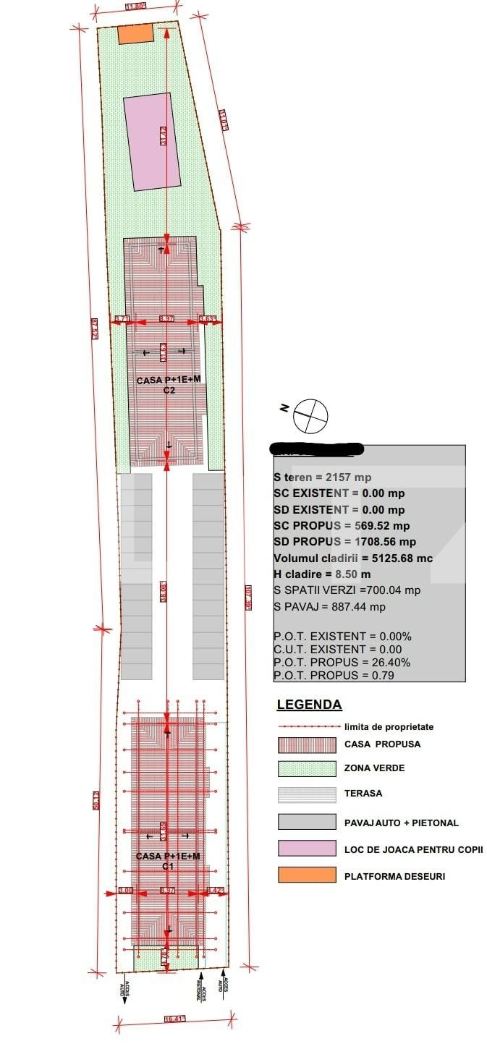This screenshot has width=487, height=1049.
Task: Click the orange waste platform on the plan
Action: (x=136, y=33)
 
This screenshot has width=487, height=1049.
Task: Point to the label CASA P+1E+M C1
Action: (x=167, y=861)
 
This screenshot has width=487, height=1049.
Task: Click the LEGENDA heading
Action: (x=309, y=705)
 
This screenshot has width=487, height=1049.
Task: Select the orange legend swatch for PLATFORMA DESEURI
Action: (x=307, y=875)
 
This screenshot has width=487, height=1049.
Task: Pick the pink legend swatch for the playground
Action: (x=307, y=849)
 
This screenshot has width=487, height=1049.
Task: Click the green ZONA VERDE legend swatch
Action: (x=307, y=768)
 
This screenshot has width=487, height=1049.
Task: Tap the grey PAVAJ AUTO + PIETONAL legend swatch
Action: (x=307, y=822)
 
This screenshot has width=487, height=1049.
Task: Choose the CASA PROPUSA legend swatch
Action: (x=307, y=744)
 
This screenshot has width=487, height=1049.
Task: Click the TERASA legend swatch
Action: (x=307, y=794)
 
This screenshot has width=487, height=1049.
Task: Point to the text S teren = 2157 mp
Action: (x=322, y=477)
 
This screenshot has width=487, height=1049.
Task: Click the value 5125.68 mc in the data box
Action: (x=391, y=558)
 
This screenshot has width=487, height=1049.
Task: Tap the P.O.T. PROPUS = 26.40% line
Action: (x=342, y=662)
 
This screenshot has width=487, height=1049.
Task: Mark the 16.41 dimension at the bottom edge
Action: (x=175, y=1019)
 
